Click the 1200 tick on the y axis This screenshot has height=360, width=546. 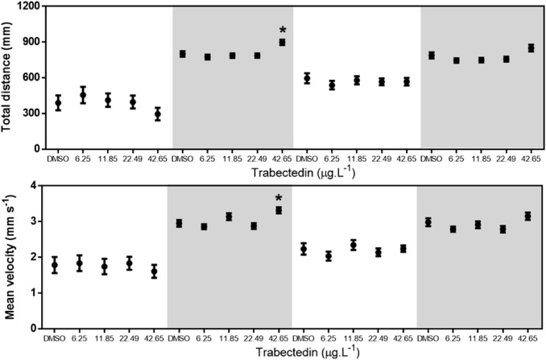pyautogui.click(x=29, y=6)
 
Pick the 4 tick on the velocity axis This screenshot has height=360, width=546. pyautogui.click(x=35, y=185)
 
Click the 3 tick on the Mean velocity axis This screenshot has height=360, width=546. pyautogui.click(x=35, y=221)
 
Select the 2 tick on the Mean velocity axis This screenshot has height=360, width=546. pyautogui.click(x=35, y=257)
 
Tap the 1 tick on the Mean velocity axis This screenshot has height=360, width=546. pyautogui.click(x=35, y=293)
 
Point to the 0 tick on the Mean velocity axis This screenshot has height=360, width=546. pyautogui.click(x=35, y=329)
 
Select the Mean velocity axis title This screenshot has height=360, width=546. pyautogui.click(x=10, y=256)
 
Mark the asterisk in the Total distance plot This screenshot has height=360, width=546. pyautogui.click(x=282, y=30)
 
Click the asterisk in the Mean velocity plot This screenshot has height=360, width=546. pyautogui.click(x=279, y=198)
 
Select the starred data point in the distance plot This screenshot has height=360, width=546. pyautogui.click(x=282, y=42)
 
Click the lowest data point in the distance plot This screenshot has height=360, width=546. pyautogui.click(x=158, y=114)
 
